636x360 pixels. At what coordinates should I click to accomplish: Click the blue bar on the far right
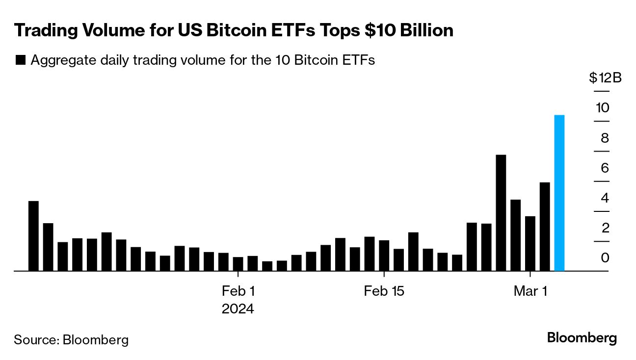click(559, 193)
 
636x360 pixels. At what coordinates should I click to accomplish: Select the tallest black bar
click(501, 213)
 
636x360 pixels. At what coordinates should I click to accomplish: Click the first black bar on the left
click(33, 236)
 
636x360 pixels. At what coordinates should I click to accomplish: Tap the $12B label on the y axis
click(605, 78)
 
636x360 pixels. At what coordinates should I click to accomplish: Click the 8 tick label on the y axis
click(605, 138)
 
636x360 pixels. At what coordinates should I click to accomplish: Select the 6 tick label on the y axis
click(605, 168)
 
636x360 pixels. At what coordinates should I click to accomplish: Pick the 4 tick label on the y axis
click(605, 198)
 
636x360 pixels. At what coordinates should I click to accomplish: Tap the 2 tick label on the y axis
click(605, 228)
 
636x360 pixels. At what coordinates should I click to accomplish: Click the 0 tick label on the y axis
click(605, 258)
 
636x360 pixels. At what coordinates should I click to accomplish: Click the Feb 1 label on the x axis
click(238, 291)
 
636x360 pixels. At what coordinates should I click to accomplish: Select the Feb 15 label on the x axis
click(384, 291)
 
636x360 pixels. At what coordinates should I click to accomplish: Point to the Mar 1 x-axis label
click(530, 291)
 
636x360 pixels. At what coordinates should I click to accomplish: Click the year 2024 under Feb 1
click(238, 309)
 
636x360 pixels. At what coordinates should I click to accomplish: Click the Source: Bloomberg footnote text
click(71, 339)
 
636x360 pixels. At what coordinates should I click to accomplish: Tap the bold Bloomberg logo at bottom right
click(582, 338)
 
